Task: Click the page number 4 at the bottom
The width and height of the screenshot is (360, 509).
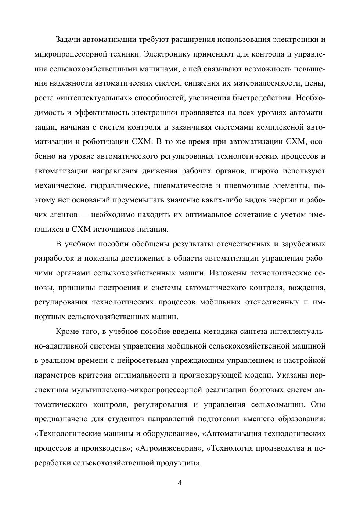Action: coord(180,483)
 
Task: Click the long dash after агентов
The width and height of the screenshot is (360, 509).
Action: coord(84,215)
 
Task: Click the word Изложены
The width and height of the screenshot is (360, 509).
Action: coord(228,273)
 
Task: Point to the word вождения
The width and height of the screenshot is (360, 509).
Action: coord(307,288)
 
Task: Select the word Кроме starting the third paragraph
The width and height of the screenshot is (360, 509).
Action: coord(67,331)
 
